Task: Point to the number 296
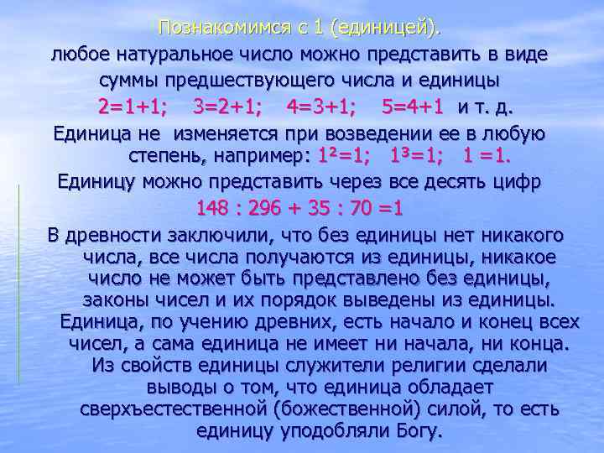tap(272, 209)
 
